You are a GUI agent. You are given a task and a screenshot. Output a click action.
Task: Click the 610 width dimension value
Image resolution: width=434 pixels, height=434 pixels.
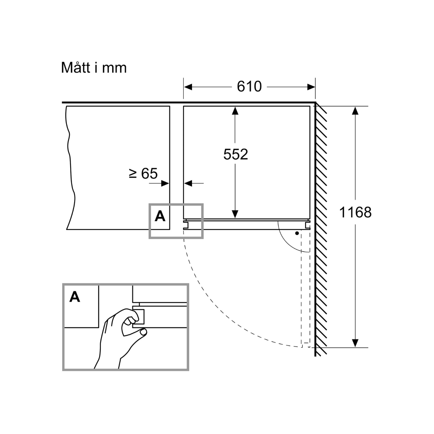(x=249, y=87)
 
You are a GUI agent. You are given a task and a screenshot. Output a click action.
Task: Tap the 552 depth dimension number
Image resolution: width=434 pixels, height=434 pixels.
(x=235, y=154)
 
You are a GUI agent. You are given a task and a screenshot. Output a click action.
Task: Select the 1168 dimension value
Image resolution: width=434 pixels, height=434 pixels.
(x=355, y=212)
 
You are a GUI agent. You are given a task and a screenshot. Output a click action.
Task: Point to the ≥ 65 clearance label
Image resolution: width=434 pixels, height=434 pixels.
(x=143, y=174)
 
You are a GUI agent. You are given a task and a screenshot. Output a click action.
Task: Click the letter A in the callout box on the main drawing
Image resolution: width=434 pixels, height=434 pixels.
(x=159, y=216)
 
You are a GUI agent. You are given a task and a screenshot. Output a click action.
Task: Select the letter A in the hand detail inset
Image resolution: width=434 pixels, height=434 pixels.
(x=75, y=297)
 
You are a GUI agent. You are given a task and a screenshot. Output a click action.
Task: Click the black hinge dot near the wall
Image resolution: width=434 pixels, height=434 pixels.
(x=297, y=233)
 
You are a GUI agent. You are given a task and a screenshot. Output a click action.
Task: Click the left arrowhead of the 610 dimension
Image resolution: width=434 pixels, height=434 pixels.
(x=188, y=87)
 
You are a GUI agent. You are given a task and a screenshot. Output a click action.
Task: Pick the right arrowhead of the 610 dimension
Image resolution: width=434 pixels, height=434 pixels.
(x=311, y=87)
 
